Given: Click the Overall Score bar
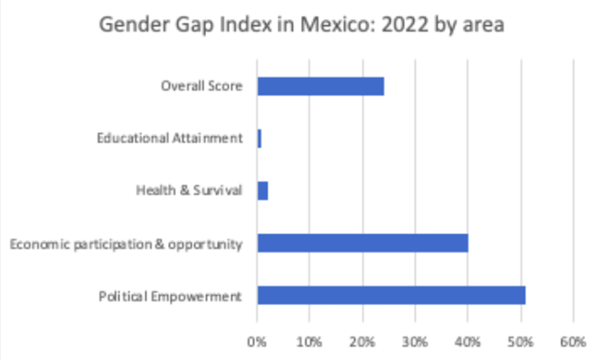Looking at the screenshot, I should pyautogui.click(x=320, y=86).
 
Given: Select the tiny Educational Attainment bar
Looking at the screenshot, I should pyautogui.click(x=260, y=138).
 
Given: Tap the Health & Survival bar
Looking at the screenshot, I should pyautogui.click(x=263, y=190).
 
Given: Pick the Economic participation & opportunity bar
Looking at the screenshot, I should pyautogui.click(x=362, y=243).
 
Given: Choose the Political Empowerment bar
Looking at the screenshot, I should pyautogui.click(x=391, y=295).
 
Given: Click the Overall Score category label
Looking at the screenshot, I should pyautogui.click(x=202, y=86).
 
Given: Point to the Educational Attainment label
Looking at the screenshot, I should pyautogui.click(x=170, y=138).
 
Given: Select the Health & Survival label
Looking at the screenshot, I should pyautogui.click(x=189, y=190).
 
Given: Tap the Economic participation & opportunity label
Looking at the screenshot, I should pyautogui.click(x=125, y=244).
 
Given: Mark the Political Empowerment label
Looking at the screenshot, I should pyautogui.click(x=170, y=296).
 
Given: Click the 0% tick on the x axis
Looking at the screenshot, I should pyautogui.click(x=257, y=339).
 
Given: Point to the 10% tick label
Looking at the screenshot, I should pyautogui.click(x=309, y=339).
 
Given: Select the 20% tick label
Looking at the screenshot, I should pyautogui.click(x=362, y=339).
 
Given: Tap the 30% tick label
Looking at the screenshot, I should pyautogui.click(x=415, y=339).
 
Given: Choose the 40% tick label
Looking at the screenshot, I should pyautogui.click(x=468, y=339).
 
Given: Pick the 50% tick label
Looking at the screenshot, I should pyautogui.click(x=520, y=339).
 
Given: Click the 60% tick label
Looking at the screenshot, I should pyautogui.click(x=573, y=339).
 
